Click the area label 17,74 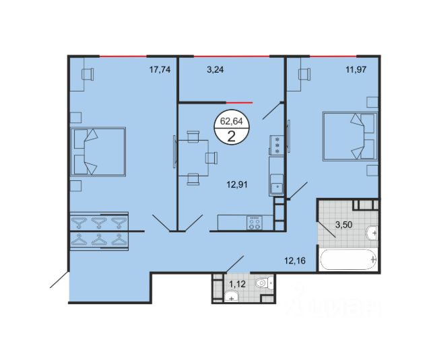click(x=160, y=70)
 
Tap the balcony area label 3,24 click(x=215, y=70)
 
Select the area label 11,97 click(x=356, y=70)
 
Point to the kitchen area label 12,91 click(x=237, y=185)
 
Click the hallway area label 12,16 click(x=295, y=260)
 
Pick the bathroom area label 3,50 click(x=344, y=225)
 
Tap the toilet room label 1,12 click(x=237, y=284)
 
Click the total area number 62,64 click(x=232, y=121)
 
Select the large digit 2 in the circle click(x=232, y=136)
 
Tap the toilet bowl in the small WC click(x=264, y=283)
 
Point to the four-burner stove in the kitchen click(x=255, y=223)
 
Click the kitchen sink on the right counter click(x=276, y=186)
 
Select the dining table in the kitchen click(x=193, y=158)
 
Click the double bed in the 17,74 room click(x=98, y=151)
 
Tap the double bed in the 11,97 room click(x=350, y=136)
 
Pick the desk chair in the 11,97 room click(x=304, y=74)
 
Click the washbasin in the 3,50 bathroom click(x=372, y=233)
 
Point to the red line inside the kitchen click(x=239, y=102)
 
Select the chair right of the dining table click(x=211, y=158)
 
